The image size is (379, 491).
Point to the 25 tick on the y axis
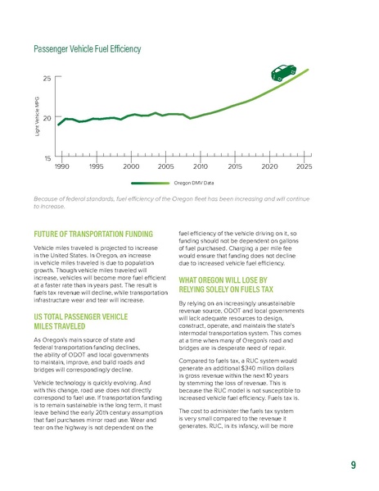(47, 78)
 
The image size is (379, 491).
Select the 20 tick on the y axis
(47, 118)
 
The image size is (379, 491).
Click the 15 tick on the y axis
(47, 157)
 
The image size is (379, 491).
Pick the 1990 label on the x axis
(61, 166)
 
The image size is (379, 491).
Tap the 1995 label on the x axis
(95, 166)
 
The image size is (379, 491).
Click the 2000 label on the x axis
(130, 166)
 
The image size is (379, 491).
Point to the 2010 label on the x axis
(200, 166)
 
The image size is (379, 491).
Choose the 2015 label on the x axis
(235, 166)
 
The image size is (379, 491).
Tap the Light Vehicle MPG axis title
(36, 117)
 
